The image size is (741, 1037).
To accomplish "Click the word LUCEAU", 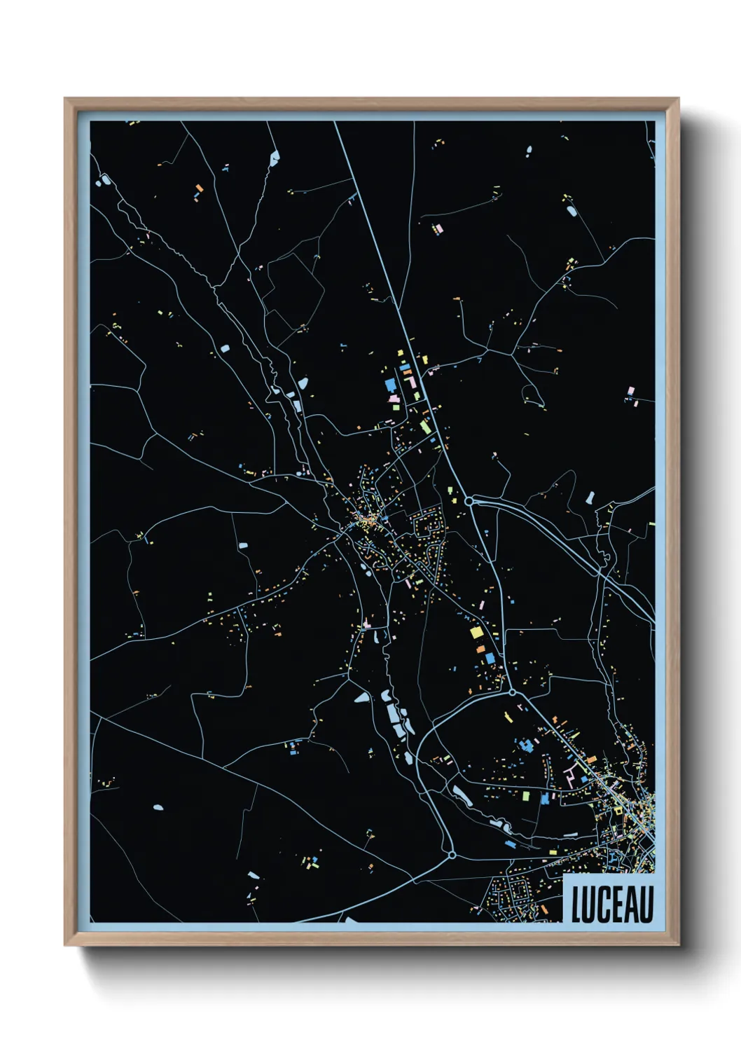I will pos(612,904).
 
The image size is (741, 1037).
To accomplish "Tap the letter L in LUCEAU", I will pos(577,905).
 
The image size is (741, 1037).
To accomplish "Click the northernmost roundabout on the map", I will pos(469,501).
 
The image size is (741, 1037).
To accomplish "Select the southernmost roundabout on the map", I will pos(452,855).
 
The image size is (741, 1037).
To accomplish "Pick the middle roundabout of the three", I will pos(512,692).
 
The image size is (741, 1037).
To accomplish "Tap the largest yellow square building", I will pos(476,633).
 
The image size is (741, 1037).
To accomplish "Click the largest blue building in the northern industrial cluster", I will pos(390,385).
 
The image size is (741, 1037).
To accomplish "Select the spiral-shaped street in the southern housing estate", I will pos(521,891).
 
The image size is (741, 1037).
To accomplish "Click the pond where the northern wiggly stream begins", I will pos(273,156).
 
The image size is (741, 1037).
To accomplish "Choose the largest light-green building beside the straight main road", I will pos(425,426).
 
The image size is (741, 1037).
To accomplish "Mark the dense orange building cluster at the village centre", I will pos(364,520).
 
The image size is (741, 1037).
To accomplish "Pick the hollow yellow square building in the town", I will pos(618,811).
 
